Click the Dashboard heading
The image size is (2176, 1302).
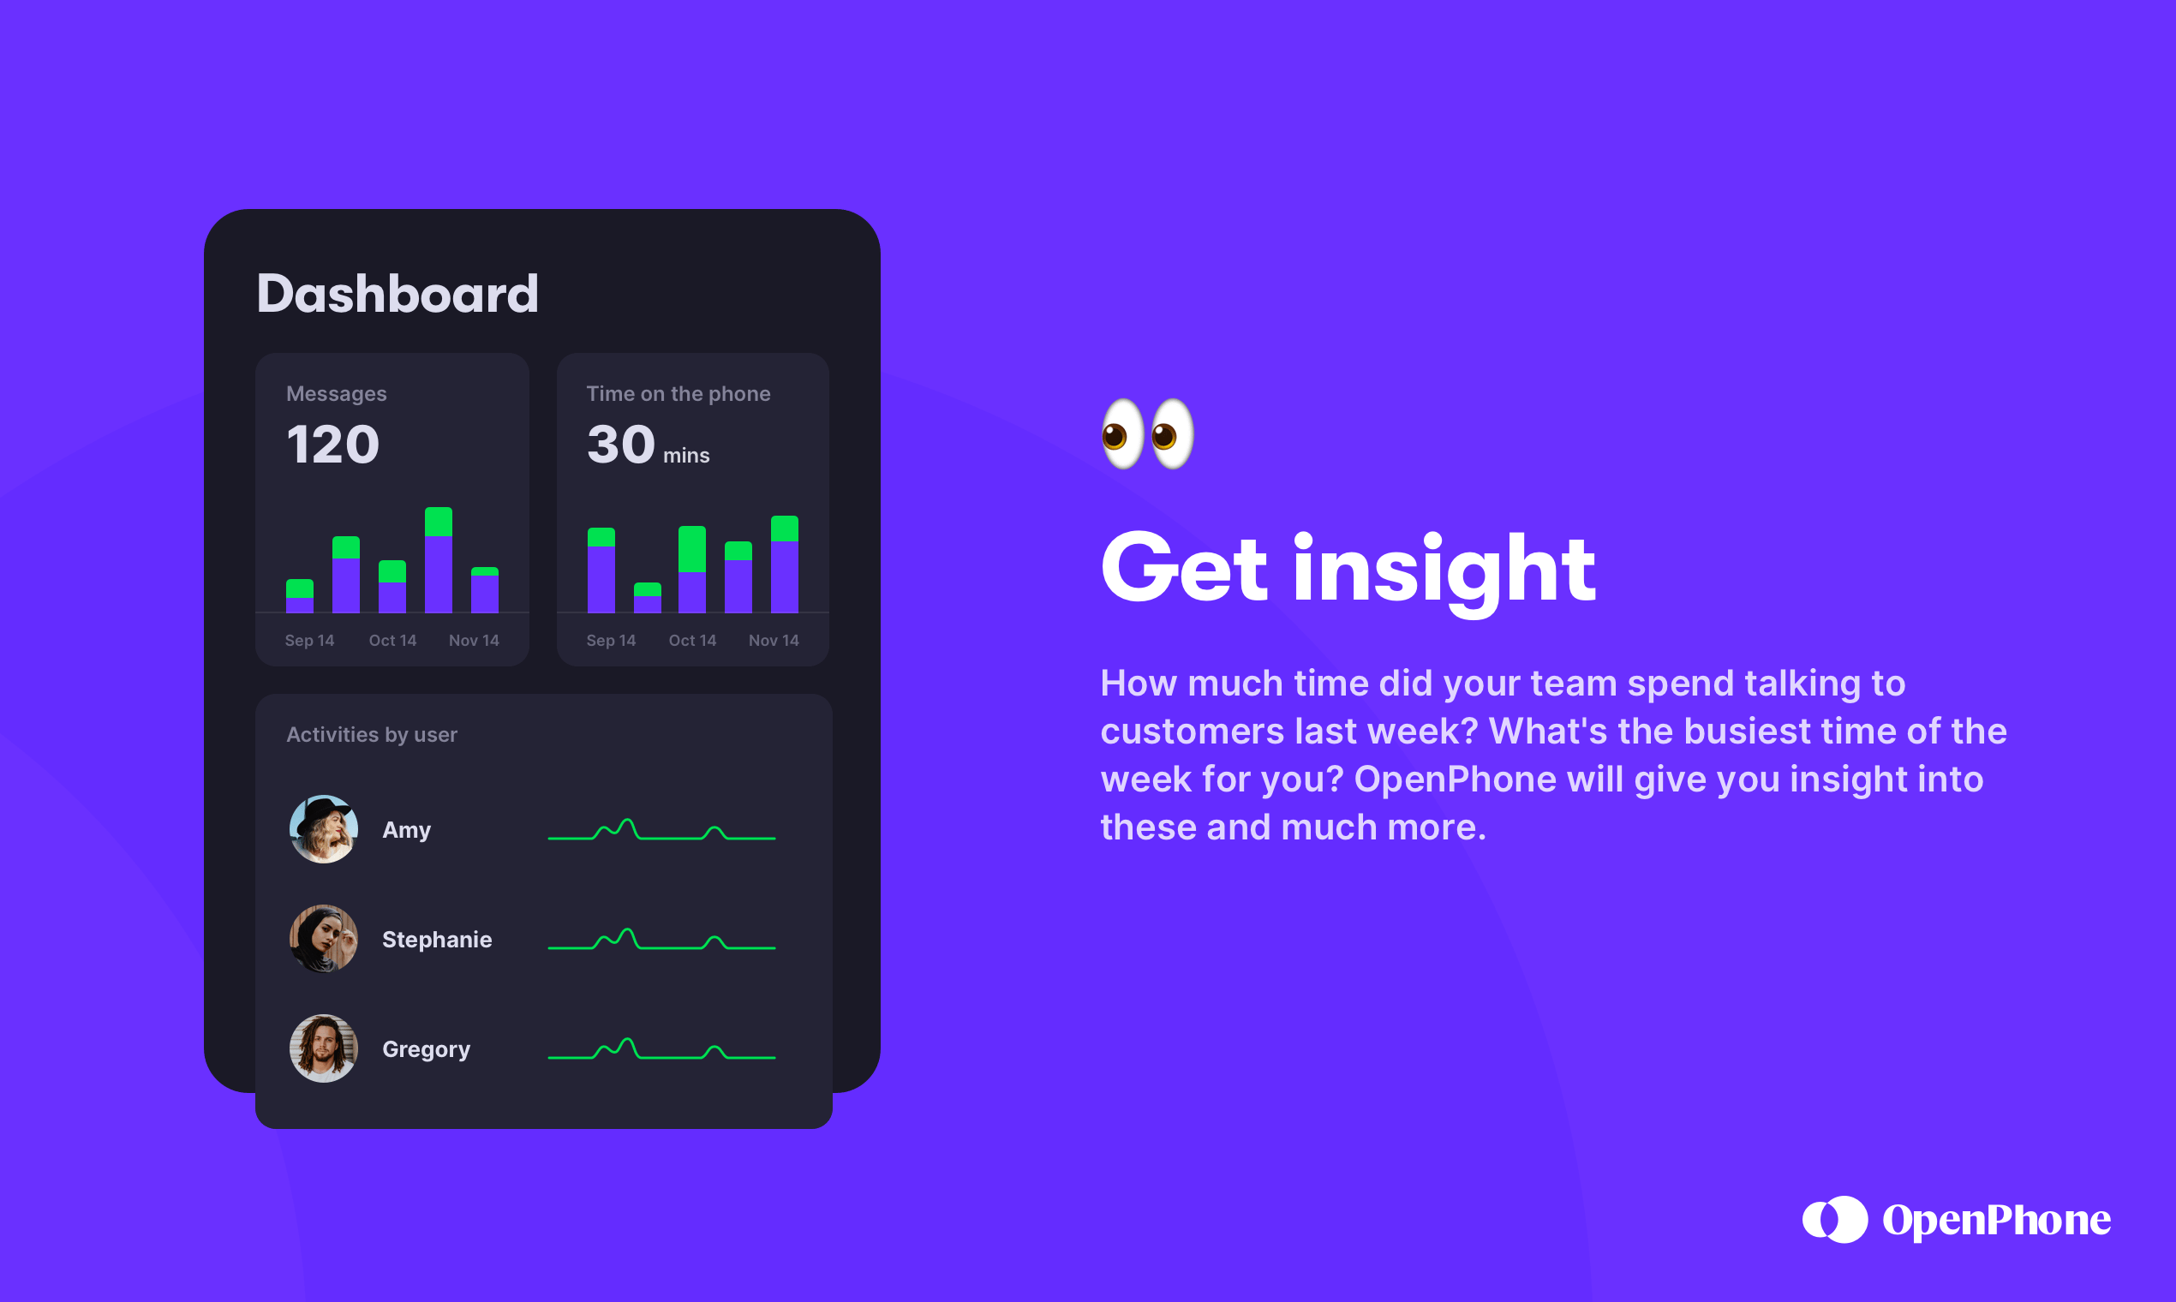[x=398, y=293]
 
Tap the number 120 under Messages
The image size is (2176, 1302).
[x=332, y=444]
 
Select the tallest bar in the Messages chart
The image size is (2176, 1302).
[x=438, y=559]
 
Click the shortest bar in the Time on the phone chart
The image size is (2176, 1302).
[x=648, y=598]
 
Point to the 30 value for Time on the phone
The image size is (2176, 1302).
[x=621, y=444]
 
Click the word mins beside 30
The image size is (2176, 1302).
[x=686, y=456]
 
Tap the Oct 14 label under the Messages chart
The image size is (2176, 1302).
[x=392, y=641]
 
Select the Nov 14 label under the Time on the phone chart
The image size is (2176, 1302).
[x=774, y=641]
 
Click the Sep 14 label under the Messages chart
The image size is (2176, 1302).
[x=310, y=641]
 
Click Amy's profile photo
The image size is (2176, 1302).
[x=324, y=829]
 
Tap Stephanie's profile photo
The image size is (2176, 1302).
[x=324, y=939]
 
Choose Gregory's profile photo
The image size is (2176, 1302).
[x=324, y=1048]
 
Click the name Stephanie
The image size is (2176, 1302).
[x=437, y=940]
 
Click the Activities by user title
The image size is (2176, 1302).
[x=372, y=734]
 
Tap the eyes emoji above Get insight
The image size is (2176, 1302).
[x=1148, y=433]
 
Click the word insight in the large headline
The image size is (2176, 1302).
[x=1444, y=571]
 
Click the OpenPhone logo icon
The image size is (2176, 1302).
[x=1835, y=1220]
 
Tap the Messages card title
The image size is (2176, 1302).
[x=336, y=394]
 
